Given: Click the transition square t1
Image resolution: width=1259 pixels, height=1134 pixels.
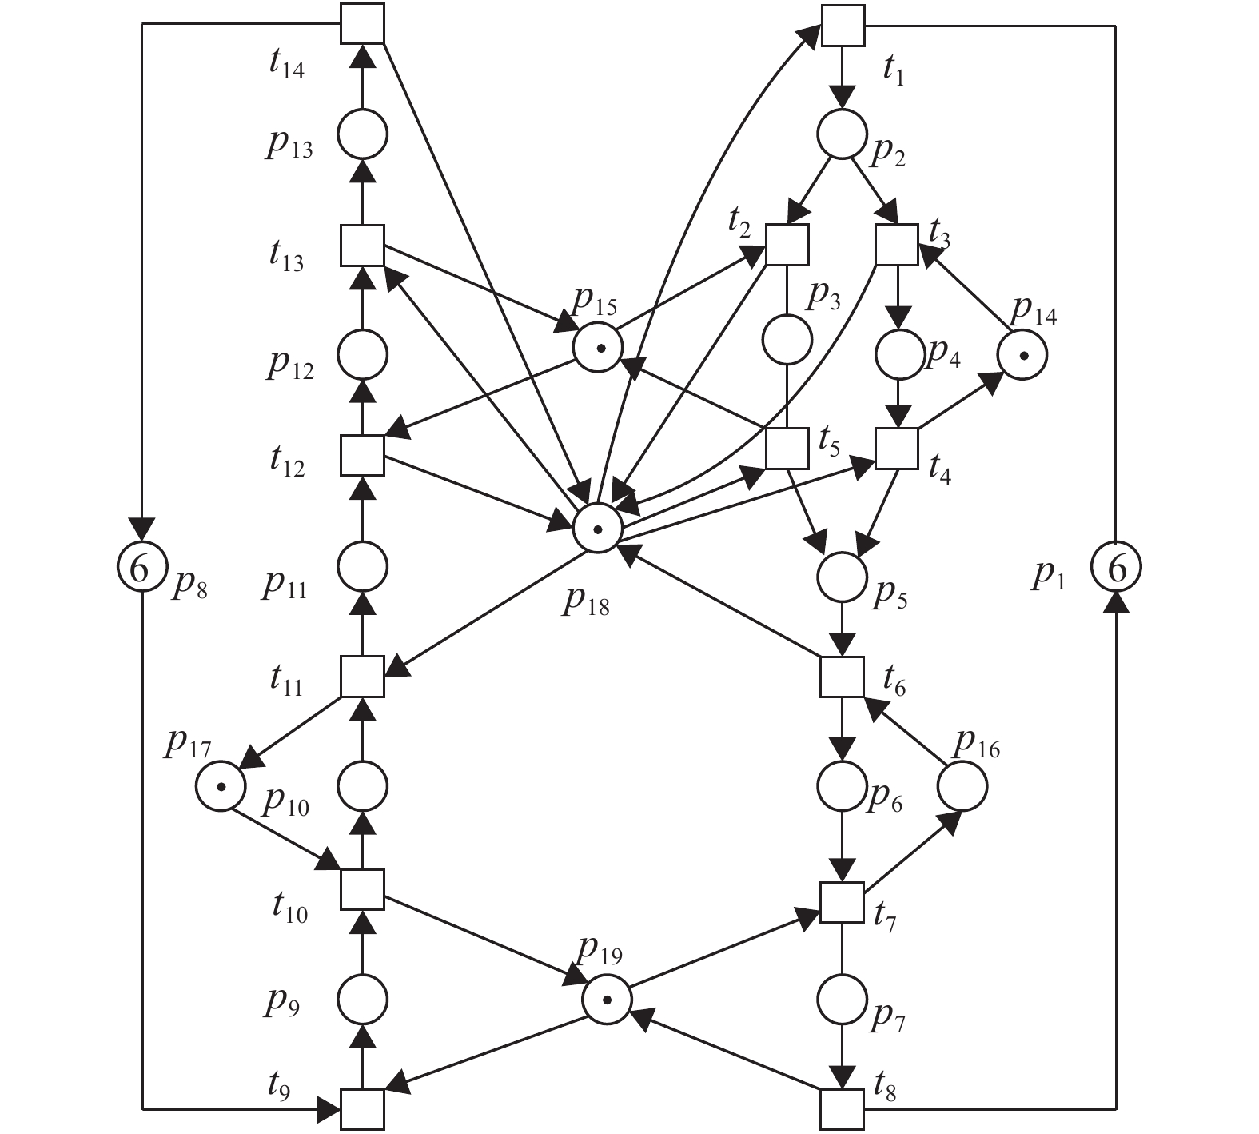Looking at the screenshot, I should click(x=843, y=25).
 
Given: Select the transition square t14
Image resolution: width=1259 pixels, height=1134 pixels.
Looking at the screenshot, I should click(x=362, y=23).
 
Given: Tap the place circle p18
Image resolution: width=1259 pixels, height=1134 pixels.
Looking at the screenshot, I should click(x=597, y=529).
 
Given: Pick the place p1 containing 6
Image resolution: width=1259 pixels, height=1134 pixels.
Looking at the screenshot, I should click(x=1117, y=568).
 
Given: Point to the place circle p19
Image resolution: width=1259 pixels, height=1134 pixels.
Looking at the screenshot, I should click(x=606, y=1000).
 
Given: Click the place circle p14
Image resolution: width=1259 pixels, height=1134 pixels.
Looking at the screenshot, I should click(x=1022, y=354).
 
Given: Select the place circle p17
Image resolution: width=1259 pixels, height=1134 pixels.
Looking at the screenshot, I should click(x=221, y=785).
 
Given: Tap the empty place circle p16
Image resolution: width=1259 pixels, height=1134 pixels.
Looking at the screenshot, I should click(x=962, y=786).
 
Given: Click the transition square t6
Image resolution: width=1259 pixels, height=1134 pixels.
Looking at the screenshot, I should click(x=843, y=677).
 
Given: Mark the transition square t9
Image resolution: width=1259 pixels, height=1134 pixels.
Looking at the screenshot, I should click(x=362, y=1108).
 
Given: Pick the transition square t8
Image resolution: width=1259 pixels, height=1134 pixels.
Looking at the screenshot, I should click(x=843, y=1108).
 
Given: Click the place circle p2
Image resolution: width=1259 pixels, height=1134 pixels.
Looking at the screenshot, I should click(x=841, y=134).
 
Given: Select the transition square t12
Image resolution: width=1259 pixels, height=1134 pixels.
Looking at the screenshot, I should click(x=362, y=456).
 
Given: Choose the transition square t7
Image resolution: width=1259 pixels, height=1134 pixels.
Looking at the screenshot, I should click(x=843, y=903).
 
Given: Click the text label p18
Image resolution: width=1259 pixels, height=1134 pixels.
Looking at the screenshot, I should click(x=586, y=602).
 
